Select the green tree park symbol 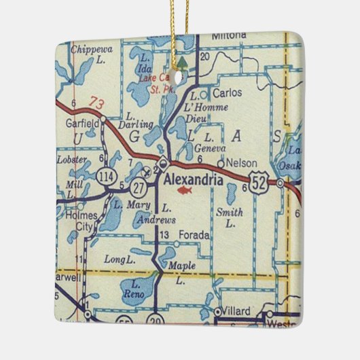(x=181, y=65)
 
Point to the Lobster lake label (x=73, y=159)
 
